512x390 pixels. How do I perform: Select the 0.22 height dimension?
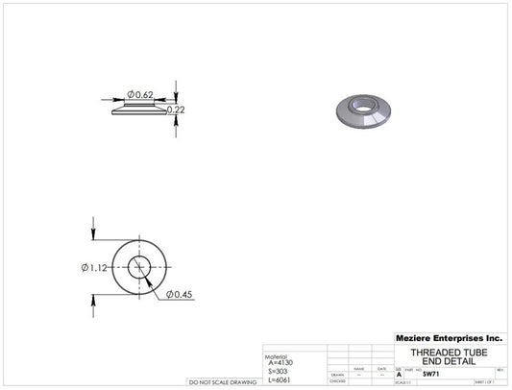click(176, 110)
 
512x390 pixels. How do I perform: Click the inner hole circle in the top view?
click(140, 266)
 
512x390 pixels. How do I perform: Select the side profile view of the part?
click(140, 110)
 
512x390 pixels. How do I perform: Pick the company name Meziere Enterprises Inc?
click(449, 338)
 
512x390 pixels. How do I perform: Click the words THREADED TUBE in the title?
click(448, 352)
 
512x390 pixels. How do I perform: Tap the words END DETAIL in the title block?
click(448, 361)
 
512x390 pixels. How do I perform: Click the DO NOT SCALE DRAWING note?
click(222, 382)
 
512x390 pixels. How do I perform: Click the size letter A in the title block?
click(400, 374)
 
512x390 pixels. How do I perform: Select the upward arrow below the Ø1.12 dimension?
click(93, 300)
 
